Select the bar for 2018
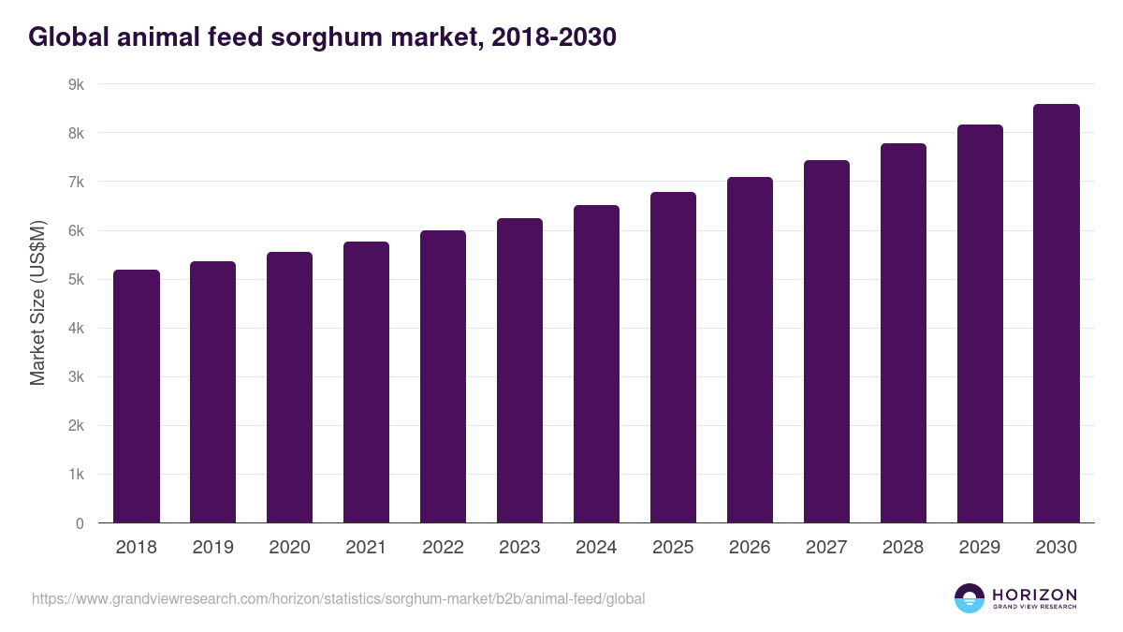[x=137, y=396]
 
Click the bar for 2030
[x=1057, y=314]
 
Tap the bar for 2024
[x=596, y=364]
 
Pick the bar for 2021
[x=366, y=382]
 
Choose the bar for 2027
[x=826, y=342]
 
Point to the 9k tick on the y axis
[x=76, y=84]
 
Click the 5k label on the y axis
[x=76, y=280]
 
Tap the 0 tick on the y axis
[x=80, y=523]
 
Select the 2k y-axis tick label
[x=76, y=426]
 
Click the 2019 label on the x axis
[x=212, y=548]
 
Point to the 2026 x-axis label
[x=750, y=548]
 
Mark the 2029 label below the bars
[x=980, y=548]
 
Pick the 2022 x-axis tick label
[x=443, y=548]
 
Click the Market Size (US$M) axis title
[x=37, y=303]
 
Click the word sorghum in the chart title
[x=330, y=37]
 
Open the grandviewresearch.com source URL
[x=338, y=598]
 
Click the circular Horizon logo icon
[x=970, y=598]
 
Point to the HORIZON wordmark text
[x=1034, y=595]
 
